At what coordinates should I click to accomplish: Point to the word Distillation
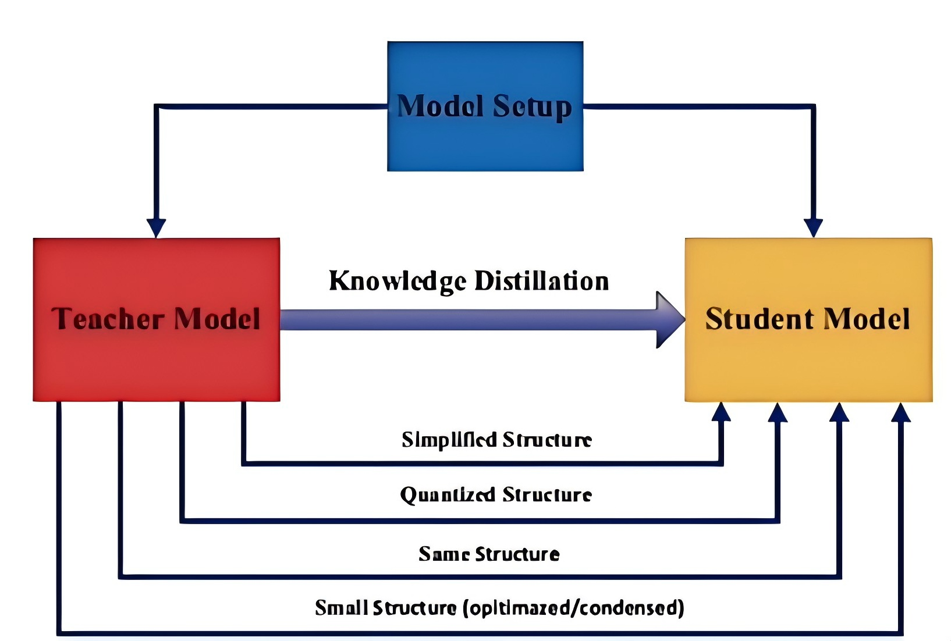point(541,281)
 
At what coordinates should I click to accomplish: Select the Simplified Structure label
point(496,440)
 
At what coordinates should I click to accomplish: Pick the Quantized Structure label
point(496,495)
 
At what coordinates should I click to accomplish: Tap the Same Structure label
point(489,554)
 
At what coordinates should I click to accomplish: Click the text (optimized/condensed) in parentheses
point(574,608)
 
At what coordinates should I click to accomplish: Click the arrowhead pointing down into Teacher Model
point(156,227)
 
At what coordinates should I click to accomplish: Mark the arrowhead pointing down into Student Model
point(813,227)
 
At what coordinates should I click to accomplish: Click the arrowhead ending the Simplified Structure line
point(721,412)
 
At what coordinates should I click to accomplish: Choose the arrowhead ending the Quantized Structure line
point(778,412)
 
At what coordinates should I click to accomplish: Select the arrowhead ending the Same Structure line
point(839,412)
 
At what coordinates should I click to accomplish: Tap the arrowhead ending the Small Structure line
point(900,412)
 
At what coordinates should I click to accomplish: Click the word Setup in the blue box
point(532,107)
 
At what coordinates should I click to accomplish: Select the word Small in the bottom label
point(341,608)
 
